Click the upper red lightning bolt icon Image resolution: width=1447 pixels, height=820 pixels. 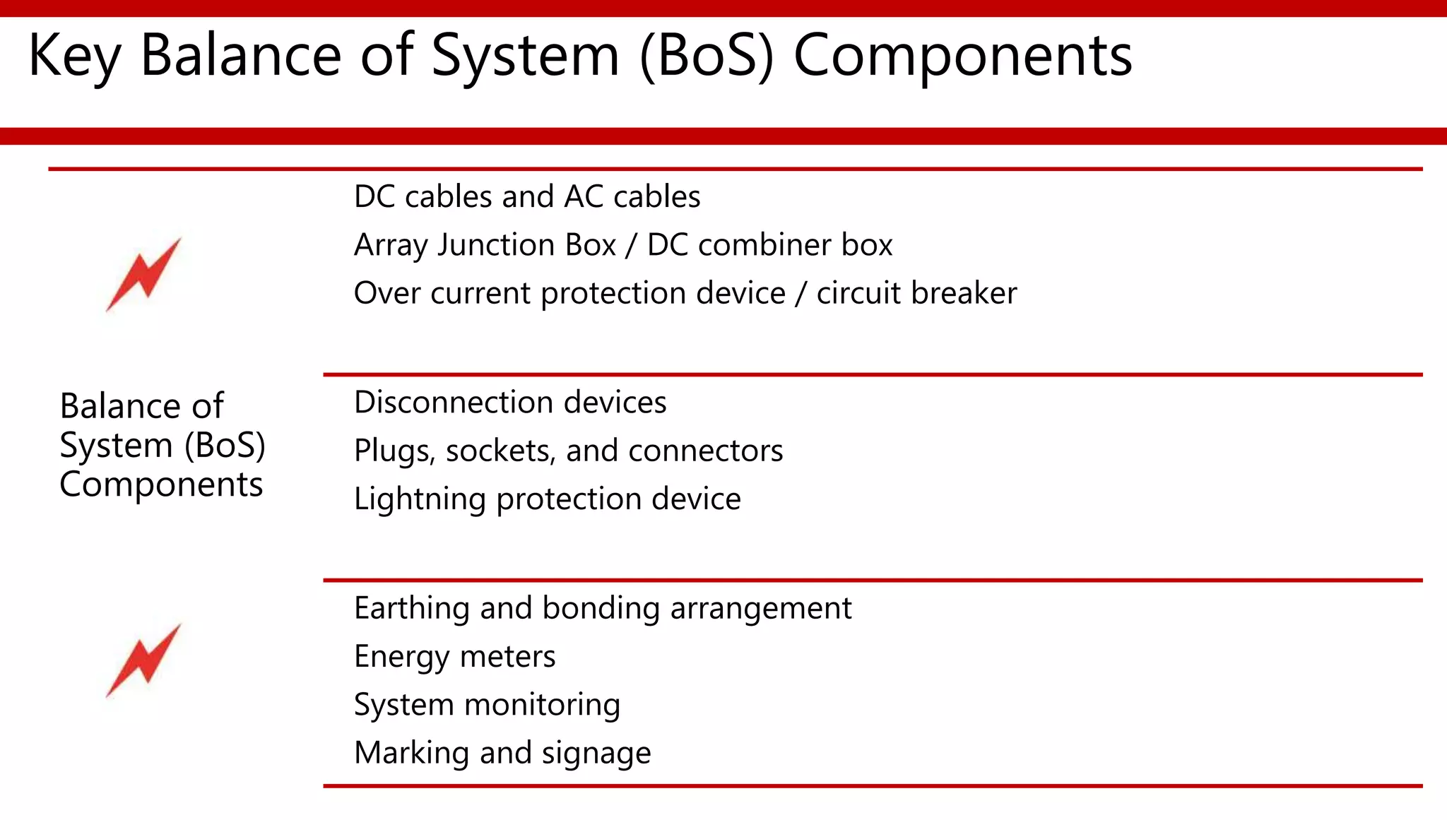144,275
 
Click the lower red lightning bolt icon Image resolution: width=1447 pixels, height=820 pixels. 144,660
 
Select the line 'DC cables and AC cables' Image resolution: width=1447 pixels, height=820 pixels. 527,196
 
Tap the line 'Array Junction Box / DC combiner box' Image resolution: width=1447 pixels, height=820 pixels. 623,245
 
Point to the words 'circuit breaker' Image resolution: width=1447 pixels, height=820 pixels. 916,293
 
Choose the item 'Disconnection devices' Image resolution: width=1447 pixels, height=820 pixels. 510,403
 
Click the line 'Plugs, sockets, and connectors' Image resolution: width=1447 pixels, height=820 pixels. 568,451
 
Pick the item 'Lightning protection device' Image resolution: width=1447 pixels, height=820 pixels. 548,499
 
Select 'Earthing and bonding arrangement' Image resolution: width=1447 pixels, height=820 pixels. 603,608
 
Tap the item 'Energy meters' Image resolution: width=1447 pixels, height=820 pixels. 454,657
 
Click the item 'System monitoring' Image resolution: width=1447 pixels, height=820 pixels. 487,705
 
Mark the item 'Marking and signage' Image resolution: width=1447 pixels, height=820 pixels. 502,753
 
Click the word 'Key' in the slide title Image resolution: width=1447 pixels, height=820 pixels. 74,57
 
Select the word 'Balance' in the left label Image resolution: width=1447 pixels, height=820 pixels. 113,406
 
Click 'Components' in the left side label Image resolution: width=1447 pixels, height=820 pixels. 161,485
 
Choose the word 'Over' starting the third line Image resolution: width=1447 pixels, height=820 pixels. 387,293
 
